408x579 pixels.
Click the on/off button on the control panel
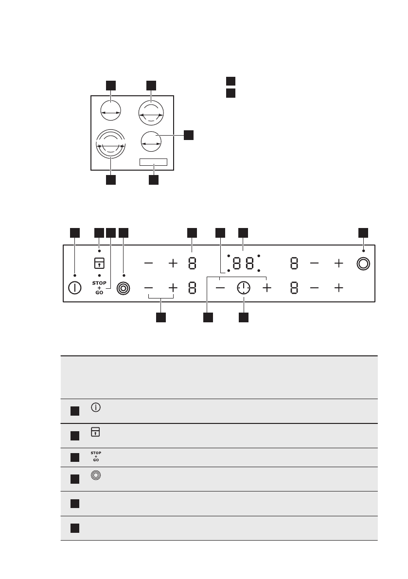(x=74, y=288)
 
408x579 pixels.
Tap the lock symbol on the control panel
(x=99, y=263)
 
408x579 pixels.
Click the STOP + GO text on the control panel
(x=99, y=288)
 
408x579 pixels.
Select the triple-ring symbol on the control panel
(x=124, y=288)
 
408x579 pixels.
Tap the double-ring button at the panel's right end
(x=363, y=263)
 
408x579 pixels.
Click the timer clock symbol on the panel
(x=244, y=288)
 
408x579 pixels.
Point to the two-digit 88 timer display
(x=243, y=263)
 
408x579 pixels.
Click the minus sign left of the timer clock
(x=220, y=288)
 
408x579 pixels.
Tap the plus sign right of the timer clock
(x=266, y=288)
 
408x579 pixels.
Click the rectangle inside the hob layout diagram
(x=154, y=162)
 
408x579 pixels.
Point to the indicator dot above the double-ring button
(x=363, y=251)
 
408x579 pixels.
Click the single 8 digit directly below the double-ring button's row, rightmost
(x=294, y=288)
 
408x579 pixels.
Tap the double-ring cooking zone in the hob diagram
(x=151, y=114)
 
